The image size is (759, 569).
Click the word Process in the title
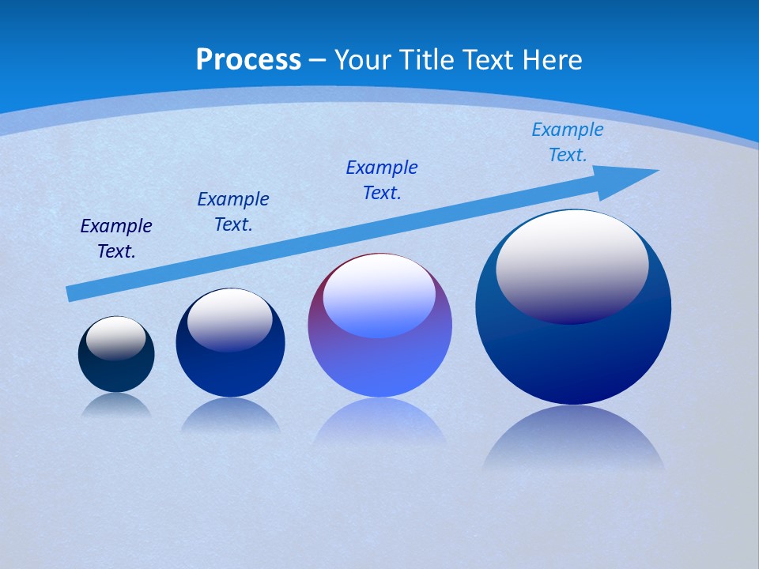tap(248, 60)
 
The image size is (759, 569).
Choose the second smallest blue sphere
tap(230, 364)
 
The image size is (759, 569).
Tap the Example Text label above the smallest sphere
tap(116, 239)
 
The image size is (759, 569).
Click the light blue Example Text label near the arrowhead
tap(568, 142)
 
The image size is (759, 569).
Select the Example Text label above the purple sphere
tap(382, 180)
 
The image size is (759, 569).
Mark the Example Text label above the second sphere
tap(233, 212)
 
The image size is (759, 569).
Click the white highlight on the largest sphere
tap(572, 265)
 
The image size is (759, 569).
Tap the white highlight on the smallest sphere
tap(115, 337)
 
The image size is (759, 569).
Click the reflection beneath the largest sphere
tap(573, 439)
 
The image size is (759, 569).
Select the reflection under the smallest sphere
tap(116, 405)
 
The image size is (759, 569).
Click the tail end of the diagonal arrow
tap(73, 293)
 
